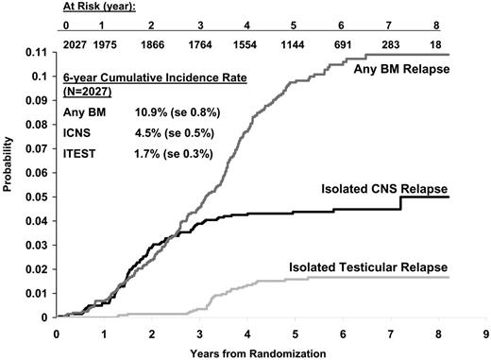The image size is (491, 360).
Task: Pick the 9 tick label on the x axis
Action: [x=486, y=334]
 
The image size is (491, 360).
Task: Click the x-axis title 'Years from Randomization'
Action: [x=269, y=352]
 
